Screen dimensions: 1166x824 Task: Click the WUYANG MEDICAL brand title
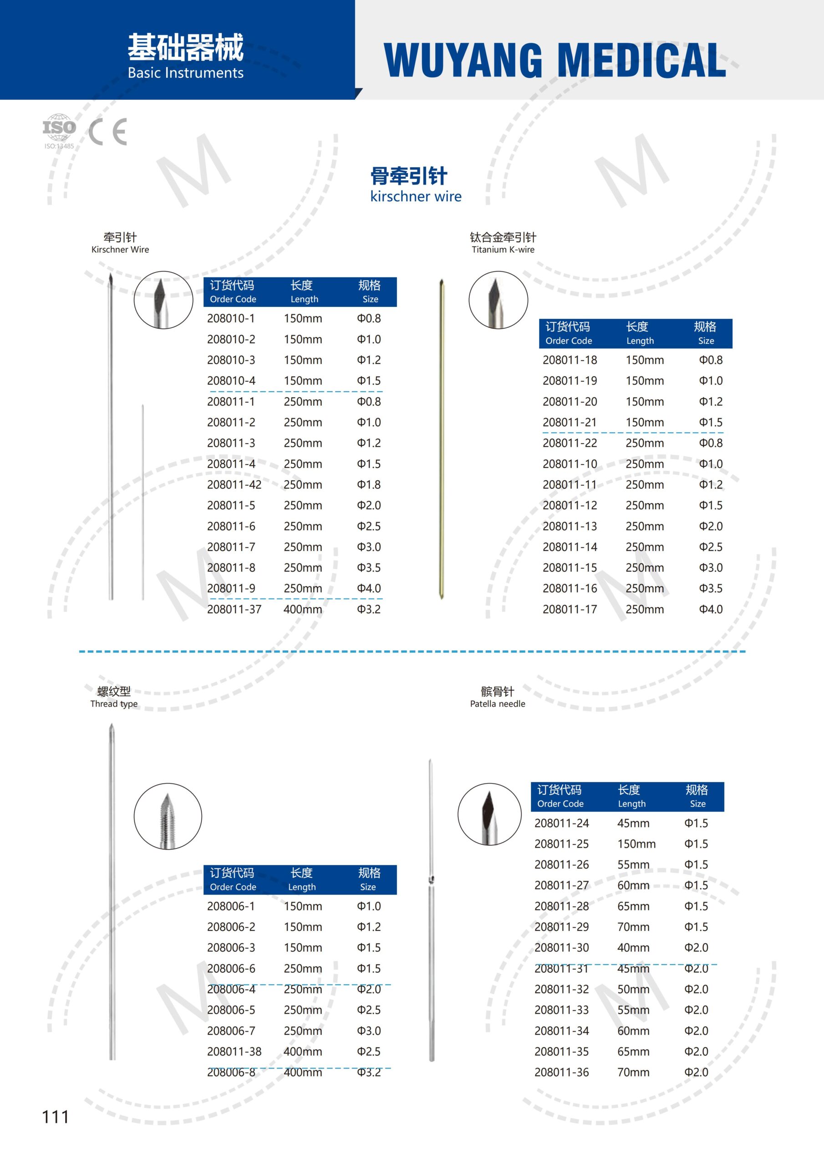[x=554, y=60]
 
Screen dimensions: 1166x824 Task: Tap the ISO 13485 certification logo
[x=59, y=131]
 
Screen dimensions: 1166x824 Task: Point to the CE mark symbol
[x=107, y=132]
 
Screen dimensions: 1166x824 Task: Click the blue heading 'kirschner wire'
[x=416, y=196]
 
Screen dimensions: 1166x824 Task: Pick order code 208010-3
[x=231, y=360]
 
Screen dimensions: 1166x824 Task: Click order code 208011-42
[x=234, y=485]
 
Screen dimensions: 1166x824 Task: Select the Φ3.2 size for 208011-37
[x=369, y=609]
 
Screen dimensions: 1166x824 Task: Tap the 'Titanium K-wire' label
[x=503, y=249]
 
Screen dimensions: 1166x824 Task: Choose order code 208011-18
[x=570, y=360]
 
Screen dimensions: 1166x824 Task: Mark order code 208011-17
[x=570, y=609]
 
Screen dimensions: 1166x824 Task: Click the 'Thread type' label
[x=114, y=703]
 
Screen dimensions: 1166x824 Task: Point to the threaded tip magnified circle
[x=168, y=816]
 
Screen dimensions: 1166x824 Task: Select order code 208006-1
[x=231, y=906]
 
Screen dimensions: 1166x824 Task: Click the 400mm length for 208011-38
[x=303, y=1051]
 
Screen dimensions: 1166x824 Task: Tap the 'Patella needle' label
[x=498, y=703]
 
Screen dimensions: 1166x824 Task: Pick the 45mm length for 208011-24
[x=633, y=823]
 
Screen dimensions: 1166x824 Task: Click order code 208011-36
[x=561, y=1072]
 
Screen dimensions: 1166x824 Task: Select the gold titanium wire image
[x=442, y=439]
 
